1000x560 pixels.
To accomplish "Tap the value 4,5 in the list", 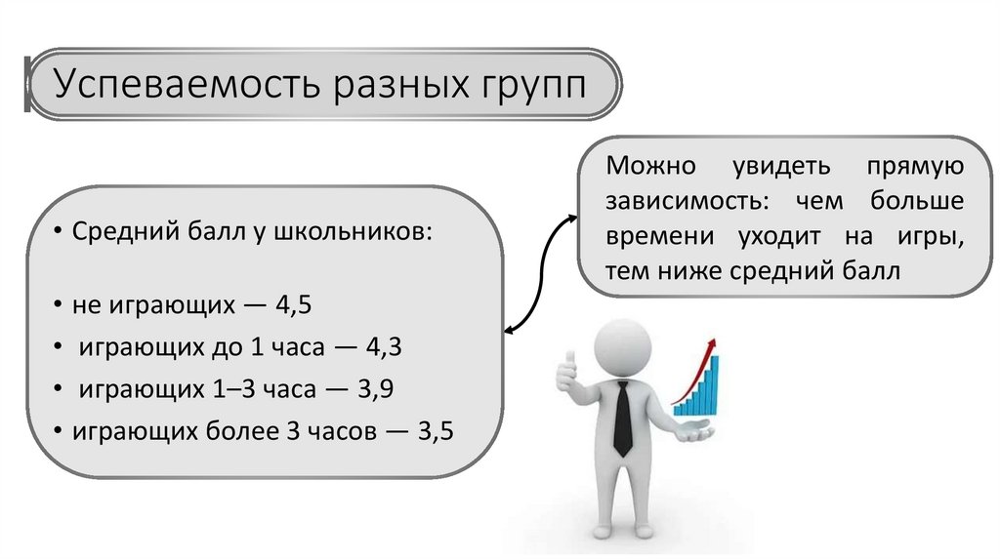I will (293, 305).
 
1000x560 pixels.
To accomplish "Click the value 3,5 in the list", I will (435, 431).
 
